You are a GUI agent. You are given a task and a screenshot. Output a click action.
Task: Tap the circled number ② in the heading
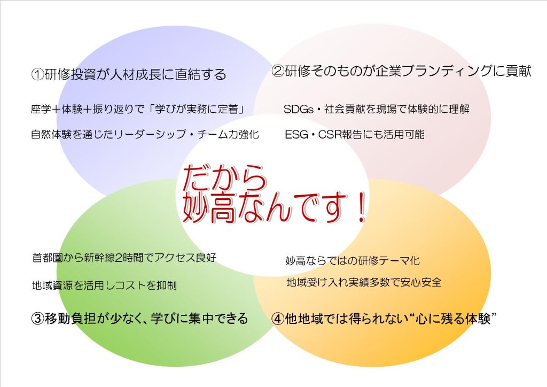click(278, 71)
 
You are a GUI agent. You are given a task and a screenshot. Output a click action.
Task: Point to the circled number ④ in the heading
click(278, 319)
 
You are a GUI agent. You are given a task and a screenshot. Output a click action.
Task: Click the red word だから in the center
click(224, 177)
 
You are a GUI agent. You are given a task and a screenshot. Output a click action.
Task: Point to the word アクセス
click(175, 258)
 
